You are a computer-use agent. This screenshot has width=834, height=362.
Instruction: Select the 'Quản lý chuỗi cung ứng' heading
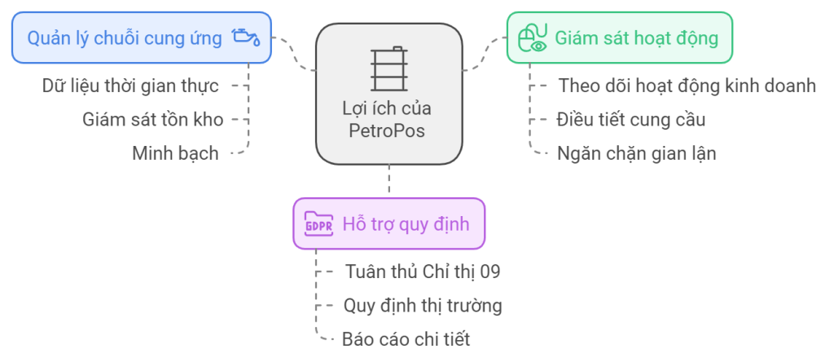coord(125,38)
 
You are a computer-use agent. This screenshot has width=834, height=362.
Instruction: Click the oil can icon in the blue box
coord(245,38)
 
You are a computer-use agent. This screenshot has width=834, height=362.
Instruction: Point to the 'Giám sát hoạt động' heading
coord(636,38)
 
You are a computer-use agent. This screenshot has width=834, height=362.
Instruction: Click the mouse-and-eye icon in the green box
coord(533,38)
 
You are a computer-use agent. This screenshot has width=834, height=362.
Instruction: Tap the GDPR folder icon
coord(318,223)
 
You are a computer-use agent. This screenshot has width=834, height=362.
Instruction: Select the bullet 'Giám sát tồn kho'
coord(152,119)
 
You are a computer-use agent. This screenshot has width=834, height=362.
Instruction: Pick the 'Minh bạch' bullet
coord(175,152)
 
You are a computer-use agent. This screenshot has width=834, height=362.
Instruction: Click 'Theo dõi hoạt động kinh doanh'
coord(687,85)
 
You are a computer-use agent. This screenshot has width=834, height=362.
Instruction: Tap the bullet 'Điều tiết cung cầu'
coord(630,119)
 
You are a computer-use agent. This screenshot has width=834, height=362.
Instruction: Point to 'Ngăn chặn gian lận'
coord(636,152)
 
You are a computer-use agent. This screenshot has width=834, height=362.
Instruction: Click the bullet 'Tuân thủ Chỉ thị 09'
coord(422,271)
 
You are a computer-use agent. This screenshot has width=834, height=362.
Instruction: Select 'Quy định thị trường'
coord(423,306)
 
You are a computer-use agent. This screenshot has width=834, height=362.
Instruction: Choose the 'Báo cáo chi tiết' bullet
coord(406,339)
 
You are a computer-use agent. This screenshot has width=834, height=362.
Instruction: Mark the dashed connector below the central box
coord(389,178)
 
